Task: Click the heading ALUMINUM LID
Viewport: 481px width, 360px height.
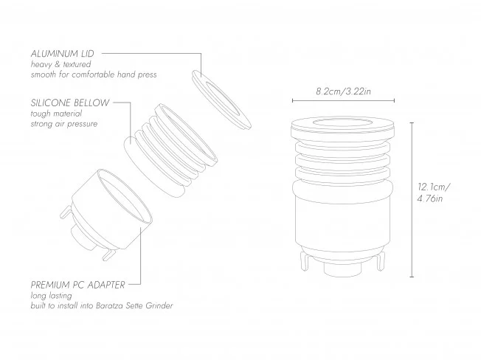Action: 62,54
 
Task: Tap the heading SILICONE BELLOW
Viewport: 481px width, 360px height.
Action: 70,103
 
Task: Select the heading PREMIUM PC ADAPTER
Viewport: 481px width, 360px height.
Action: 78,285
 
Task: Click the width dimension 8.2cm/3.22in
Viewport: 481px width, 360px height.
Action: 343,91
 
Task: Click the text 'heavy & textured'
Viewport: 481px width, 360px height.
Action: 60,64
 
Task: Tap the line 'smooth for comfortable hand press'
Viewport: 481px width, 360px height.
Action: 94,75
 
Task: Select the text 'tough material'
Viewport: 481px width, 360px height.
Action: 56,114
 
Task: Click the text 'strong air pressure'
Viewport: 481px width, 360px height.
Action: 63,124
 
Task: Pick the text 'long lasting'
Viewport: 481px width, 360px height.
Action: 51,296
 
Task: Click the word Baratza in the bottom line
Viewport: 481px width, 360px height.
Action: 109,305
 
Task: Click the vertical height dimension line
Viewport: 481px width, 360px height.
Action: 412,200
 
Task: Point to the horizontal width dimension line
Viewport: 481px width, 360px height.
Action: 343,100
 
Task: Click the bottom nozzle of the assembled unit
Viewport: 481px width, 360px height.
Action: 342,269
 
